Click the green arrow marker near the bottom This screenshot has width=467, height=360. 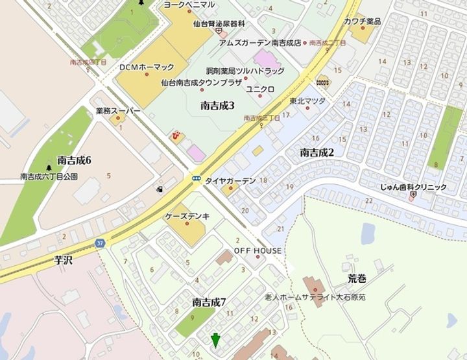click(215, 339)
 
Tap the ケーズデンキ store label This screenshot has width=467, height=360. click(187, 217)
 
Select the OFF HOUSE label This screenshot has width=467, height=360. click(257, 250)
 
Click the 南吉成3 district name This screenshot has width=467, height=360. click(217, 105)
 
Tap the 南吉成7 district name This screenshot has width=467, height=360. click(209, 302)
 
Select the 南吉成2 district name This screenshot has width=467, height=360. click(317, 152)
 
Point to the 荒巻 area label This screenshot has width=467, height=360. click(356, 279)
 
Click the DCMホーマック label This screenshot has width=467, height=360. click(147, 67)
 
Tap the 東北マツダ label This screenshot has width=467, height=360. click(307, 101)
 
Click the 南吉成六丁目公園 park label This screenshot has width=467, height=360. click(49, 176)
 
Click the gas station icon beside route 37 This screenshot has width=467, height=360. click(158, 189)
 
